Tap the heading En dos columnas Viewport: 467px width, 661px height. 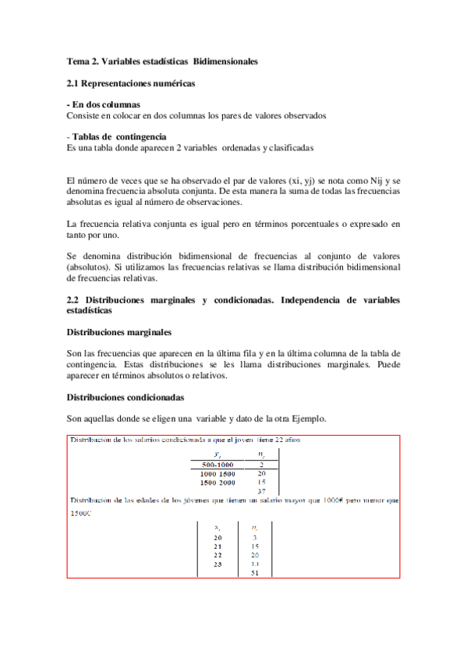(x=106, y=104)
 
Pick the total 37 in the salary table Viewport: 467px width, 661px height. (x=262, y=491)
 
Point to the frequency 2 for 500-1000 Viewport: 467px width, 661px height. (x=262, y=465)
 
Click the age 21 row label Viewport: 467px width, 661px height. (x=217, y=546)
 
